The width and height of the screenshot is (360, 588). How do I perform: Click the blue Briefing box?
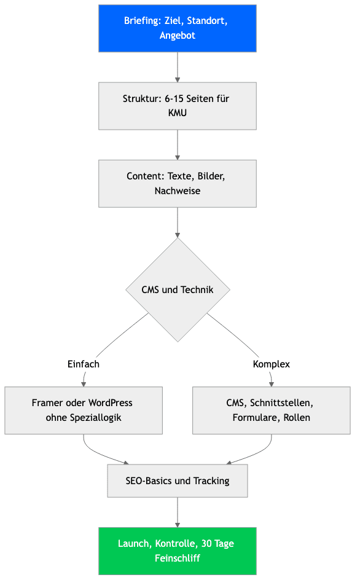[178, 28]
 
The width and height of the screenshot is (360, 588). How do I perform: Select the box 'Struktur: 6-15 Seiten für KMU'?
[178, 106]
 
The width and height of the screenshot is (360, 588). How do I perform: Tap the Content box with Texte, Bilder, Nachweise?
[178, 184]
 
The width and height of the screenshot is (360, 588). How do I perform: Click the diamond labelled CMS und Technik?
[178, 290]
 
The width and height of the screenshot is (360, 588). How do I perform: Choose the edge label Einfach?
[84, 364]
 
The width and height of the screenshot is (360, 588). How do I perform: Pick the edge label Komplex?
[272, 364]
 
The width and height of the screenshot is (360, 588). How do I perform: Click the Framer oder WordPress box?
[84, 410]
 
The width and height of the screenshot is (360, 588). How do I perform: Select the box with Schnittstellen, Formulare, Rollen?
[272, 410]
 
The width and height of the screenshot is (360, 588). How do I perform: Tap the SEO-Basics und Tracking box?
[178, 480]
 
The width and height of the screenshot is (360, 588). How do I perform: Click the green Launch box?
[178, 551]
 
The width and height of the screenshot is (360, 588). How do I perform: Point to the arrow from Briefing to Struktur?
[178, 67]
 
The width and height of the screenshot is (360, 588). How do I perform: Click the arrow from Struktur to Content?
[178, 145]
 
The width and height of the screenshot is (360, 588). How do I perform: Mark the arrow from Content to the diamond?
[178, 222]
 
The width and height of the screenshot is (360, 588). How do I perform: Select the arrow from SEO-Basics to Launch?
[178, 512]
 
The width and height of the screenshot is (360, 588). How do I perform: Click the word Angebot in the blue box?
[178, 36]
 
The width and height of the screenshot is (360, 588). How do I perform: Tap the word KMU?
[178, 113]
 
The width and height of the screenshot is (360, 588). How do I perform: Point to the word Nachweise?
[178, 191]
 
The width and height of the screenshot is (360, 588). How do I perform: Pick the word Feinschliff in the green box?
[178, 559]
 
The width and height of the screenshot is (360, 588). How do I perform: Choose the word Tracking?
[211, 481]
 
